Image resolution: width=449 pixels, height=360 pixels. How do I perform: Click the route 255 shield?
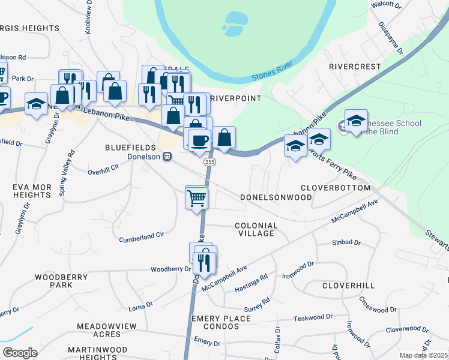[209, 162]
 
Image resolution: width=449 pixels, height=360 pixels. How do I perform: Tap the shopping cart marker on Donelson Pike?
[197, 197]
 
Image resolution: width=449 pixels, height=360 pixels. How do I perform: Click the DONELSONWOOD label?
[276, 197]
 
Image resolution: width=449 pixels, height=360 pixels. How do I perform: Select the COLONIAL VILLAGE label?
[256, 230]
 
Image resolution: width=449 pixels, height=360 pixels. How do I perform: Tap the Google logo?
[20, 353]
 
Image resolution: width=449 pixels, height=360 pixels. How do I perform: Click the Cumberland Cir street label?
[142, 236]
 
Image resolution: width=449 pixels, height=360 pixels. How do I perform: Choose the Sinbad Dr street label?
[346, 243]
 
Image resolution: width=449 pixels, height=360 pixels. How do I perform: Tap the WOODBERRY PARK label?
[62, 281]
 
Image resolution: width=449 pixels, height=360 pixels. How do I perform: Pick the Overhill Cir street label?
[103, 171]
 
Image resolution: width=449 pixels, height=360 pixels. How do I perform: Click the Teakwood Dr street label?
[312, 317]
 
